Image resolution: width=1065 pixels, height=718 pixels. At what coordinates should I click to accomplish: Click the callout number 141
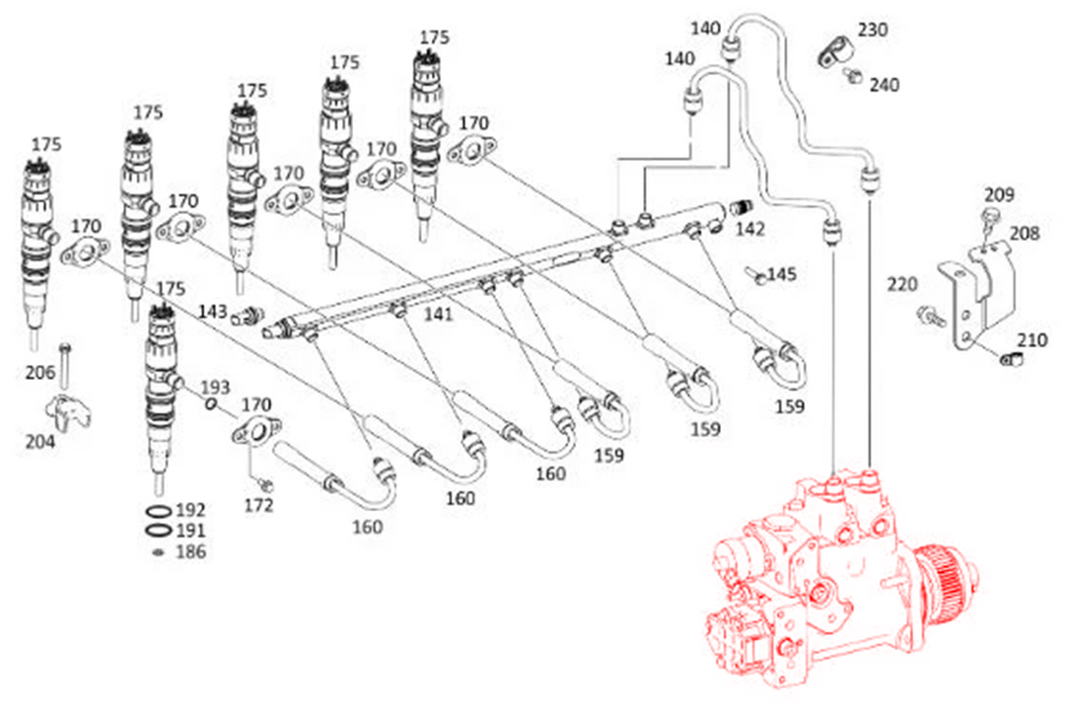coord(438,314)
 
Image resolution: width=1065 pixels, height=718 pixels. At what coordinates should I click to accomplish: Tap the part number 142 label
coord(749,229)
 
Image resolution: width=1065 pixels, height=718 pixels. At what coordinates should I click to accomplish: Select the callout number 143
coord(213,312)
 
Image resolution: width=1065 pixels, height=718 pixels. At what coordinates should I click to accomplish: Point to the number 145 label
coord(782,274)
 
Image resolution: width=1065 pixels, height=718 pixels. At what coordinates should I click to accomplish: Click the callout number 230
coord(872,30)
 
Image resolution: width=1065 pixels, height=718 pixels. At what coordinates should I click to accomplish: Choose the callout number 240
coord(885,85)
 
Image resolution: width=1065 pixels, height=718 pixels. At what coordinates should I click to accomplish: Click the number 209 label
coord(999,195)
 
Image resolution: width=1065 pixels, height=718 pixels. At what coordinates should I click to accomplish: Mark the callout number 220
coord(902,284)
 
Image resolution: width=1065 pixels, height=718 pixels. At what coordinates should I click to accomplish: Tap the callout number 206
coord(40,372)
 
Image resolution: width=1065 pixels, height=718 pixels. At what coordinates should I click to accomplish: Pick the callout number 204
coord(40,442)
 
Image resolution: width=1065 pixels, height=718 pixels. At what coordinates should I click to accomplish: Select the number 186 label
coord(191,551)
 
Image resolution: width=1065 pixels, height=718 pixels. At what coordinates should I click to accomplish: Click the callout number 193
coord(215,388)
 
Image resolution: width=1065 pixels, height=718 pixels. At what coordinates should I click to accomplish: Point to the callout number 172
coord(258,505)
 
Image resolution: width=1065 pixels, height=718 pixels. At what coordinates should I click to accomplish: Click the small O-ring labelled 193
coord(211,404)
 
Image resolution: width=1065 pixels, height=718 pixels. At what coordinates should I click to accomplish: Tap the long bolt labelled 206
coord(64,366)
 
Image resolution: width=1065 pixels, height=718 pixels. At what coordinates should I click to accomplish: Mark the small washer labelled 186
coord(159,552)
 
